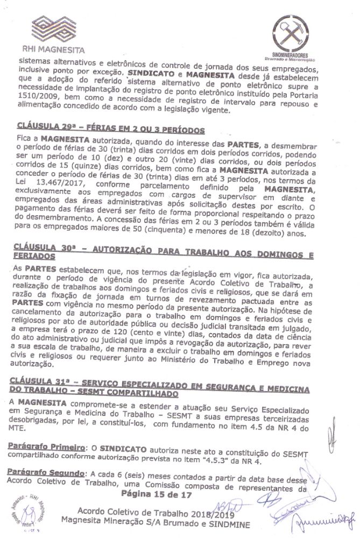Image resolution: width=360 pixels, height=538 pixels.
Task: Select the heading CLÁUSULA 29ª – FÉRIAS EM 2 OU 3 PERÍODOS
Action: coord(111,130)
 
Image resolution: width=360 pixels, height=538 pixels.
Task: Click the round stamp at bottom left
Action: coord(38,508)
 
